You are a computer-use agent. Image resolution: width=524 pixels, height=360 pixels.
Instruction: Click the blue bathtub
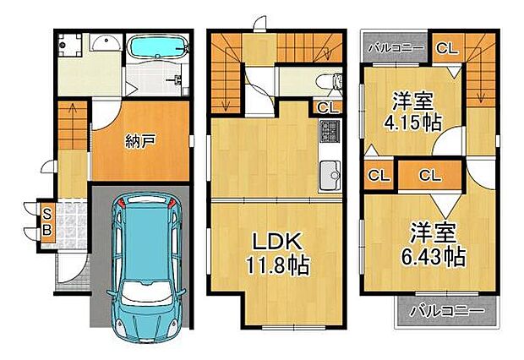[159, 47]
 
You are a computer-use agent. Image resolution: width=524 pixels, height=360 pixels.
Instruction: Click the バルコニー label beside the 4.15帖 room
[395, 48]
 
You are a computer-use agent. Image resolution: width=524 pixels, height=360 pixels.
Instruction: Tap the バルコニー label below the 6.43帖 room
[443, 310]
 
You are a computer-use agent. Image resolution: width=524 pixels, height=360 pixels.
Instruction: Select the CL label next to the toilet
[325, 107]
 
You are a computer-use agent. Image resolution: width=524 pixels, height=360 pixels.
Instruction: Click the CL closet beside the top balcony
[446, 47]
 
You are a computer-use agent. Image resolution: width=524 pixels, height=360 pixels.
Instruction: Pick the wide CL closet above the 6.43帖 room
[429, 176]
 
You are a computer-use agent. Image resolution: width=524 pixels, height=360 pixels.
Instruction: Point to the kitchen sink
[328, 178]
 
